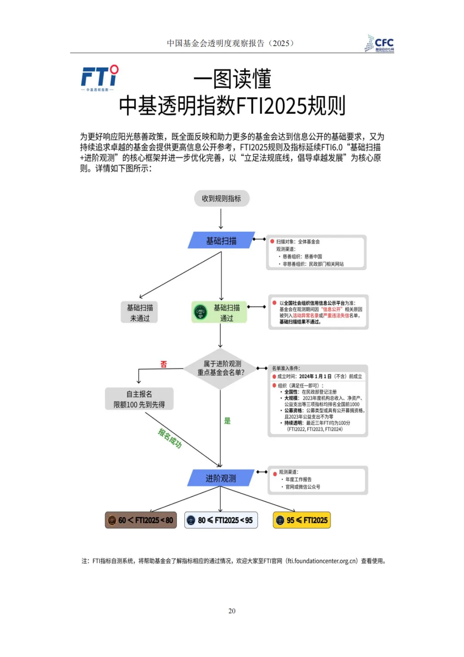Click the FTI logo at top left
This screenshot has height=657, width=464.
coord(100,78)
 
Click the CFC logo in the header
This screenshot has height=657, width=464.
coord(379,43)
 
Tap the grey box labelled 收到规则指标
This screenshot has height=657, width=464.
coord(221,198)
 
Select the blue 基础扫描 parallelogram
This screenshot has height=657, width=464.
coord(221,241)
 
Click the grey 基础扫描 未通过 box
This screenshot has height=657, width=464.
coord(140,313)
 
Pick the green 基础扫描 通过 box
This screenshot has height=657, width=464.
coord(220,313)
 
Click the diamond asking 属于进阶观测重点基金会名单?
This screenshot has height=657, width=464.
coord(221,368)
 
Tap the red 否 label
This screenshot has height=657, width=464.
coord(164,364)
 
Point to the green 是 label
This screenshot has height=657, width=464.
coord(227,421)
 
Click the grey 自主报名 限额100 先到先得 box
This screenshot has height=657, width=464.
coord(139,399)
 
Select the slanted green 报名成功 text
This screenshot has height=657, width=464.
coord(170,438)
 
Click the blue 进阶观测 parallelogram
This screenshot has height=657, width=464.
coord(221,478)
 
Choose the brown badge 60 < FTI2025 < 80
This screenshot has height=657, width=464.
coord(141,520)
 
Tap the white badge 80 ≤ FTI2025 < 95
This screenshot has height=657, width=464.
coord(221,520)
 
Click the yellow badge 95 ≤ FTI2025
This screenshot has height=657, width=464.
coord(302,520)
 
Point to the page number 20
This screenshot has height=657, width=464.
coord(232,611)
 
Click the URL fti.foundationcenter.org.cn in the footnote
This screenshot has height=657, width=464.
coord(322,561)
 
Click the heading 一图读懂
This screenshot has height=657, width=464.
coord(232,79)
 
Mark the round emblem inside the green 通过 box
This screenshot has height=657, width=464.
coord(201,312)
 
